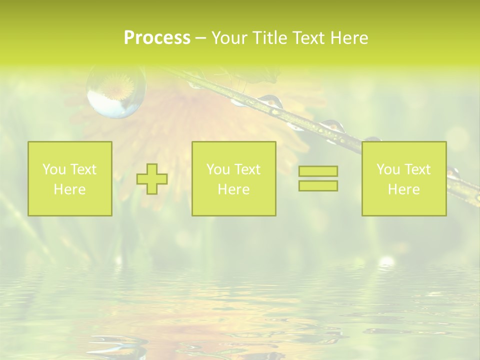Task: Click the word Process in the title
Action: coord(157,38)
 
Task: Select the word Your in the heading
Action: coord(229,38)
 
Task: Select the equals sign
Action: coord(318,178)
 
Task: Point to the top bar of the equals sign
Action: coord(318,171)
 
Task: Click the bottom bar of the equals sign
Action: coord(318,185)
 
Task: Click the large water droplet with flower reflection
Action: coord(116,92)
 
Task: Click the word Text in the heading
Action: coord(309,38)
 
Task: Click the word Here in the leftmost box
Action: coord(69,189)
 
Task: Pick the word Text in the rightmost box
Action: coord(417,169)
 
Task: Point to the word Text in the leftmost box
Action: coord(83,169)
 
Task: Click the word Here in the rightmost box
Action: coord(404,189)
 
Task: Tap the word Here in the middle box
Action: coord(233,189)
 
